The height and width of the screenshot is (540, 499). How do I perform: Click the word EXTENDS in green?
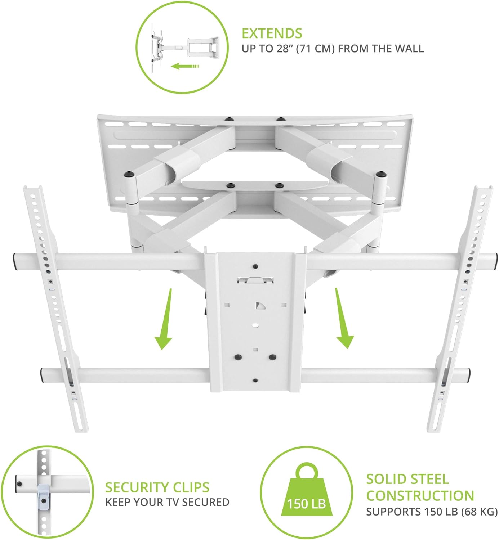272,33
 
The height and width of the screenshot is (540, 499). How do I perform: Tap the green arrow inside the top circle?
185,66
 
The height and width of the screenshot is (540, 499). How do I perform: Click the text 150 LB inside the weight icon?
306,504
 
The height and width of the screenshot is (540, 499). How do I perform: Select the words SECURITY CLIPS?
157,487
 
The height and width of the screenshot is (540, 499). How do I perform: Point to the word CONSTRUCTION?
420,496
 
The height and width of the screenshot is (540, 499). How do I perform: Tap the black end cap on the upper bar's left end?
15,262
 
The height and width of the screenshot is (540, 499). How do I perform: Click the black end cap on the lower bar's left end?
43,375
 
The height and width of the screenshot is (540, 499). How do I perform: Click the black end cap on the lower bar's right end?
467,375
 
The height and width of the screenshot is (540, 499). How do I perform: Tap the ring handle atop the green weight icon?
306,470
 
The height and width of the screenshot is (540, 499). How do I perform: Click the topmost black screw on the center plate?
255,267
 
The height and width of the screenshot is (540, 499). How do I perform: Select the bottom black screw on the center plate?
255,381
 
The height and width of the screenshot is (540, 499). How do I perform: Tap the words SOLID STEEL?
407,479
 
